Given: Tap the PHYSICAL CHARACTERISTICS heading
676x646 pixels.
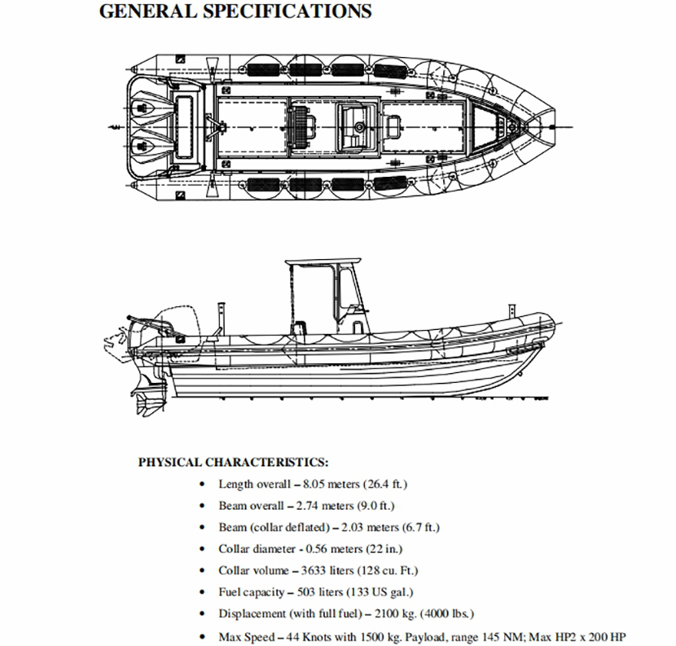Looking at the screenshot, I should [x=233, y=463].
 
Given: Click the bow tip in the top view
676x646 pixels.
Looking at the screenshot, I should [x=558, y=125].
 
